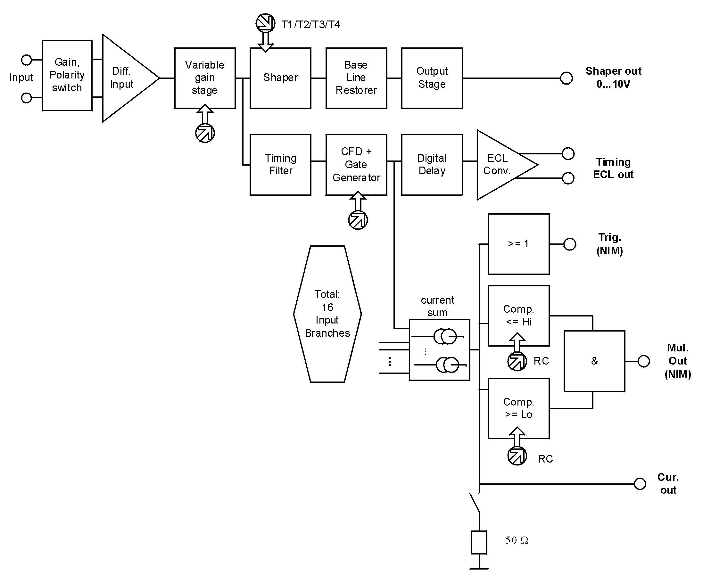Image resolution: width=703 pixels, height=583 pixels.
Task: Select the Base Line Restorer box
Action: coord(356,78)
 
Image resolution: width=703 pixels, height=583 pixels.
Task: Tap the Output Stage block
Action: coord(432,78)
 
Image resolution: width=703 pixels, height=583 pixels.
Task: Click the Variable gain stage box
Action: coord(204,78)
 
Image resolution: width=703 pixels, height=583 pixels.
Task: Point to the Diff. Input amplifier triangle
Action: coord(126,78)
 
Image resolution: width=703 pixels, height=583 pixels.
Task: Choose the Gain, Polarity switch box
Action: coord(67,75)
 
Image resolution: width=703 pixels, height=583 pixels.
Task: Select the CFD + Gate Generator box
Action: coord(356,165)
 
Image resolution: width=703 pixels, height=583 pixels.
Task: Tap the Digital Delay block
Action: coord(432,165)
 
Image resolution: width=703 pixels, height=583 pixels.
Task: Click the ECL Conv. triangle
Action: coord(500,165)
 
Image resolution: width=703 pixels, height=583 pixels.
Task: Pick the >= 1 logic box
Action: coord(518,244)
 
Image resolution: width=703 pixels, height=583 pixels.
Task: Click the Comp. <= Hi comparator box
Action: coord(518,316)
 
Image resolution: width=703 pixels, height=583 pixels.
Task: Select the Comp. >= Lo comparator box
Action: coord(518,408)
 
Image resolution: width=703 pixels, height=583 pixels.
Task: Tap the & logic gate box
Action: coord(594,361)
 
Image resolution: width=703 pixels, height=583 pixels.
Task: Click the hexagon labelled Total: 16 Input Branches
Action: coord(327,314)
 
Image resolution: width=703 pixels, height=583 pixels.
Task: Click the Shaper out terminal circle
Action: coord(566,78)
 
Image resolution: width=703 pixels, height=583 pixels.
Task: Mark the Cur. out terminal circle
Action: coord(640,484)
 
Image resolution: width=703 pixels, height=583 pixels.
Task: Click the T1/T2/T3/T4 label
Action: coord(311,24)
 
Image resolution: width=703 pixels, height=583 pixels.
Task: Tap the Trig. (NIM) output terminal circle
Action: coord(569,244)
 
